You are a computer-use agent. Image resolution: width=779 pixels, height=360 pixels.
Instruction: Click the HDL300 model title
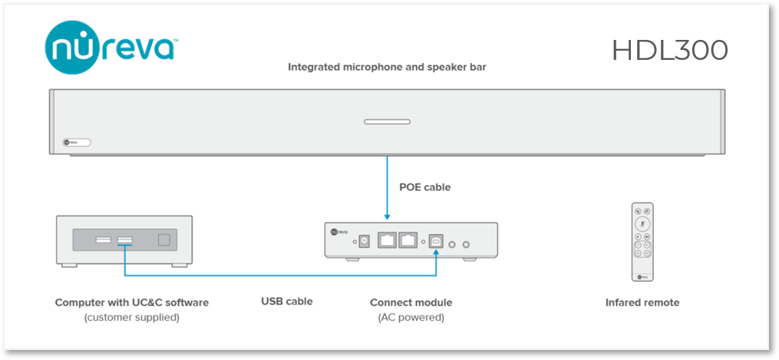click(x=669, y=50)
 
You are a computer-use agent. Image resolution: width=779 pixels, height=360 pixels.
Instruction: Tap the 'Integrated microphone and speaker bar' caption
click(x=387, y=67)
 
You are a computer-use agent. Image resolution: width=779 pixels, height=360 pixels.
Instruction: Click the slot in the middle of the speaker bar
click(x=387, y=121)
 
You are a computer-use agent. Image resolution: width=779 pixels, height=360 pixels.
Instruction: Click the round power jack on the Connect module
click(x=365, y=240)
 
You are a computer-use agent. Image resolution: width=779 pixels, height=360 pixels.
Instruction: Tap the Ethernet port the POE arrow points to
click(x=388, y=240)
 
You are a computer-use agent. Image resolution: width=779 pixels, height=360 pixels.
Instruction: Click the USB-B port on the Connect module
click(x=435, y=240)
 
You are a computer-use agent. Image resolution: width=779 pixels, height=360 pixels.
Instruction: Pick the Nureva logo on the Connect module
click(x=336, y=230)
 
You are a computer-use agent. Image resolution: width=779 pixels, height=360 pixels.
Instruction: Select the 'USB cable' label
click(x=287, y=302)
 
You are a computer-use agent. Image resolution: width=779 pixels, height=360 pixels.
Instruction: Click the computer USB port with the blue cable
click(x=124, y=241)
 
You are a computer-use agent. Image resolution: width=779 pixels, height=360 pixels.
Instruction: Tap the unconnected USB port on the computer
click(x=104, y=241)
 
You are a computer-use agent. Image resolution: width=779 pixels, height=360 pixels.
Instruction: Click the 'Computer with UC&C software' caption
click(x=131, y=302)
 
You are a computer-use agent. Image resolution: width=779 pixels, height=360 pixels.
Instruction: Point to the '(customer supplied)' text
click(x=131, y=317)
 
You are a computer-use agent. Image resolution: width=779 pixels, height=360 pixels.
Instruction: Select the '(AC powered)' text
click(x=411, y=317)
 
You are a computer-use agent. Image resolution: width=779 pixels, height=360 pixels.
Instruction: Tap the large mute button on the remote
click(x=642, y=223)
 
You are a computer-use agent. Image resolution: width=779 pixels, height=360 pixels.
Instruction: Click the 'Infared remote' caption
click(x=642, y=302)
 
